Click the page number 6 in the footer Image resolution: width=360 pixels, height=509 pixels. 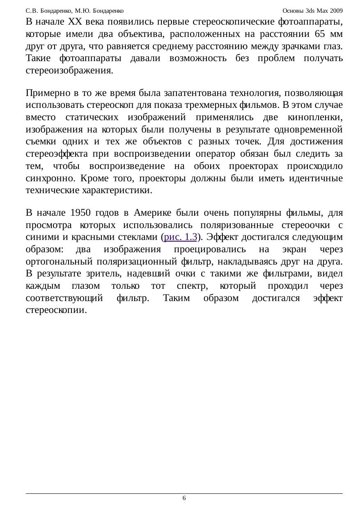point(184,498)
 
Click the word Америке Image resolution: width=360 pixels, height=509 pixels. point(151,213)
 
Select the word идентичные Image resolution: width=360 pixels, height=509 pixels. point(316,179)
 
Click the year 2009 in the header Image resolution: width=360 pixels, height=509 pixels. point(336,10)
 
